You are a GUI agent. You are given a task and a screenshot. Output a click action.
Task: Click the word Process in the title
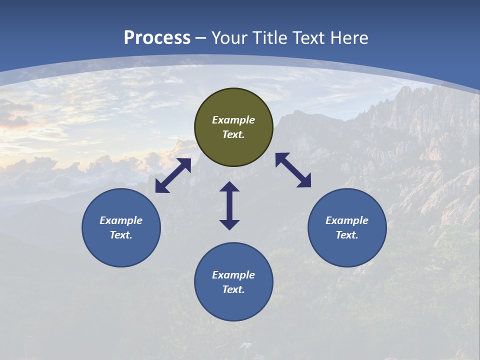pyautogui.click(x=157, y=38)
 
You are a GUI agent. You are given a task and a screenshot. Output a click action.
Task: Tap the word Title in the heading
pyautogui.click(x=270, y=38)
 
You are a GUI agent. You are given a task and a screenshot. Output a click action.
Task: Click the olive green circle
pyautogui.click(x=233, y=127)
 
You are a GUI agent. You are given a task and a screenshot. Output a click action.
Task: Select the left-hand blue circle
pyautogui.click(x=121, y=227)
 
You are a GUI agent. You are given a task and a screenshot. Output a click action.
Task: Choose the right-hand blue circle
pyautogui.click(x=347, y=227)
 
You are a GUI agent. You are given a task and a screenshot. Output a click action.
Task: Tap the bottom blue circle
pyautogui.click(x=233, y=282)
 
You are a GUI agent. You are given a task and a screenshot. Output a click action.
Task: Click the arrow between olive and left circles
pyautogui.click(x=173, y=176)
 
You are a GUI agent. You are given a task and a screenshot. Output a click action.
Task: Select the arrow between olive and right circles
pyautogui.click(x=293, y=170)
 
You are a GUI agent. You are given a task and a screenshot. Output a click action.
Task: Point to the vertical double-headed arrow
pyautogui.click(x=229, y=205)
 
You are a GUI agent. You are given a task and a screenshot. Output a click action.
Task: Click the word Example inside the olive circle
pyautogui.click(x=233, y=120)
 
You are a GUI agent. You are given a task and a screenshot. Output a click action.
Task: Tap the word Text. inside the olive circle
pyautogui.click(x=233, y=134)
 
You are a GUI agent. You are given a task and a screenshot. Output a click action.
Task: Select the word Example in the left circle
pyautogui.click(x=121, y=220)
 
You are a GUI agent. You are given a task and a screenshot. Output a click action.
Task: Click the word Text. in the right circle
pyautogui.click(x=347, y=235)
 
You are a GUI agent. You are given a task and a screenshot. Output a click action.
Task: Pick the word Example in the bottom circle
pyautogui.click(x=233, y=275)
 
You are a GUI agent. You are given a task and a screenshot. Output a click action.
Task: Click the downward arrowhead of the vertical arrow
pyautogui.click(x=229, y=224)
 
